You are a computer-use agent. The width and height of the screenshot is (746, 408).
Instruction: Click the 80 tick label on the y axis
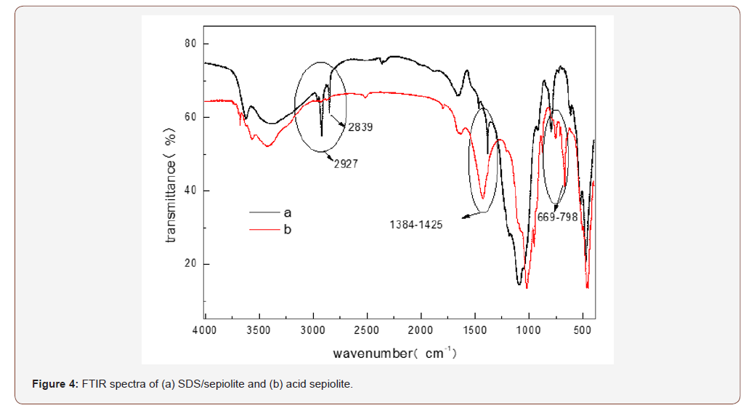tap(191, 44)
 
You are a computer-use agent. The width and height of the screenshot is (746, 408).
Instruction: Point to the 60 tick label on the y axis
tap(191, 117)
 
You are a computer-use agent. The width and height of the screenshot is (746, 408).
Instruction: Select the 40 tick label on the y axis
tap(191, 191)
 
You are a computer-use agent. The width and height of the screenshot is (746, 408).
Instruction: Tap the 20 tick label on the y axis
tap(191, 264)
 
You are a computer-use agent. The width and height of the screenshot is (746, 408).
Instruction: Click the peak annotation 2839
tap(360, 127)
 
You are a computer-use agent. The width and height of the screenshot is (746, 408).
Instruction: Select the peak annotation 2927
tap(346, 164)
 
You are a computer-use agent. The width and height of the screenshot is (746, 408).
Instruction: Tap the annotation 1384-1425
tap(416, 225)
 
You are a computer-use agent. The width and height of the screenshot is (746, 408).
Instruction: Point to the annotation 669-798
tap(557, 217)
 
